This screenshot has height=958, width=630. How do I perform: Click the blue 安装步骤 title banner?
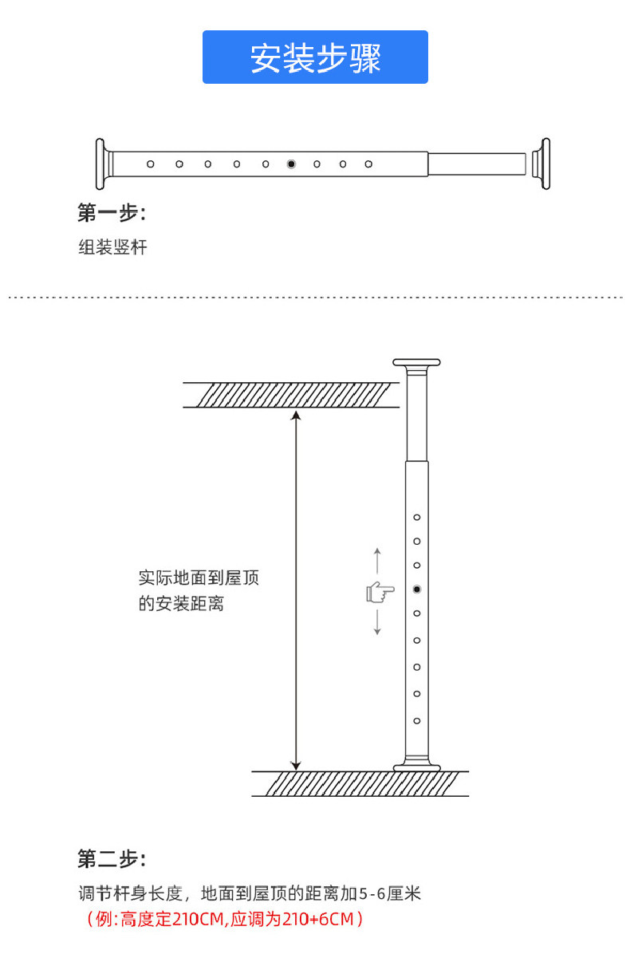click(315, 57)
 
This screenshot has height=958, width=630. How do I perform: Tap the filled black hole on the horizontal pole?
click(291, 164)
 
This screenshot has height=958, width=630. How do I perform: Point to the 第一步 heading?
click(112, 212)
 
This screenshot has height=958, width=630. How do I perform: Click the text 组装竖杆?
click(112, 247)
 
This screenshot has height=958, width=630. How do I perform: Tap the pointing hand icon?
click(380, 593)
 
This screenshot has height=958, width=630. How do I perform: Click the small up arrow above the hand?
click(377, 561)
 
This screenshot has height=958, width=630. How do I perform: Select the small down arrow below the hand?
click(377, 622)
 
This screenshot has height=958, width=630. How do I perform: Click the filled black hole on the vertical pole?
click(417, 589)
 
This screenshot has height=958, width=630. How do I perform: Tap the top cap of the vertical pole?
click(416, 363)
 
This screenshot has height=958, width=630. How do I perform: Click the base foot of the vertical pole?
click(416, 767)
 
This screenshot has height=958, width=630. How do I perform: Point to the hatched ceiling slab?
click(291, 395)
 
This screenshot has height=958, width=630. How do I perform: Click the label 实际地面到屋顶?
click(199, 578)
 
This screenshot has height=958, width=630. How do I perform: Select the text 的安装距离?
click(181, 604)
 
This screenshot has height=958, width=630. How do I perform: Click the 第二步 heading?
click(112, 859)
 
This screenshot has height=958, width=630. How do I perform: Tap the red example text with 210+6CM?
click(225, 919)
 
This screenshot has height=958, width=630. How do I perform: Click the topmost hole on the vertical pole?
click(417, 518)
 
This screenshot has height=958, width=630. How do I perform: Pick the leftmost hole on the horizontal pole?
click(151, 164)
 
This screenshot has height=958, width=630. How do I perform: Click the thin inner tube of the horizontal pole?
click(477, 164)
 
